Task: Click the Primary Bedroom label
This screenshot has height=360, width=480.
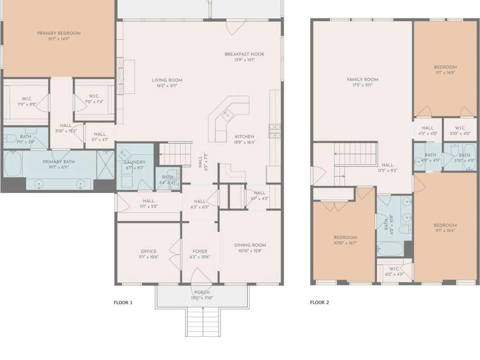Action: pos(59,34)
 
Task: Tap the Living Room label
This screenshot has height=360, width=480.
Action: pos(167,80)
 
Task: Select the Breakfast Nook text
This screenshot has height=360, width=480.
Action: pos(244,55)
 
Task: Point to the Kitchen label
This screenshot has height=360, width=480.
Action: pos(244,137)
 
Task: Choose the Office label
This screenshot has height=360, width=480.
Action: pos(148,251)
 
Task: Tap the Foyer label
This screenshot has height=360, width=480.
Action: pos(199,251)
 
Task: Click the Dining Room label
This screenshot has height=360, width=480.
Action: pos(250,246)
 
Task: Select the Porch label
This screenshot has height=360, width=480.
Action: pos(202,293)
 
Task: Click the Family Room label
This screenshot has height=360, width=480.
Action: pos(363,80)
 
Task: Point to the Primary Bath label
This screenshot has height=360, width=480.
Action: pos(59,162)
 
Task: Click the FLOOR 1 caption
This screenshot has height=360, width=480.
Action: pos(123,302)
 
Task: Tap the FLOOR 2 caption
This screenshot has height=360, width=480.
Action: pos(319,302)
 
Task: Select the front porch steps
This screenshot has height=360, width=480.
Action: pos(202,322)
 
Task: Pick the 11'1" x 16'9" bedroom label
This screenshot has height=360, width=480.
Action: pos(445,67)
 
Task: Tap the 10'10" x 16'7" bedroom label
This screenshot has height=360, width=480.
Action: pos(345,238)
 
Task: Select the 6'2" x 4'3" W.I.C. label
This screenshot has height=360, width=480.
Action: pos(394,268)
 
